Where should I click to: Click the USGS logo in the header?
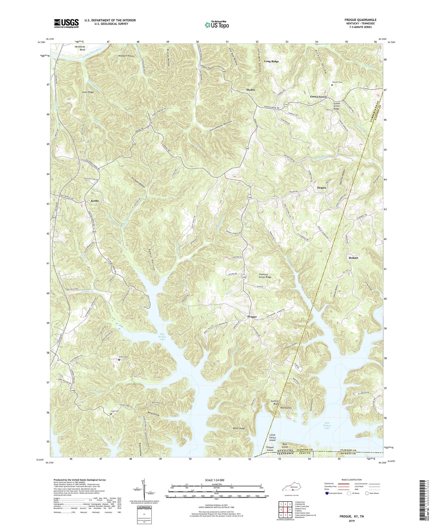pos(66,23)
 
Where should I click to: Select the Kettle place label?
pos(95,201)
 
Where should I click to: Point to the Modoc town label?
pos(251,90)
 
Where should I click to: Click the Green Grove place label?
pos(318,97)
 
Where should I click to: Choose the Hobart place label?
pos(353,258)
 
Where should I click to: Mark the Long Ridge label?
pos(271,61)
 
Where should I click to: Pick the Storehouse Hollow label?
pos(221,127)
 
